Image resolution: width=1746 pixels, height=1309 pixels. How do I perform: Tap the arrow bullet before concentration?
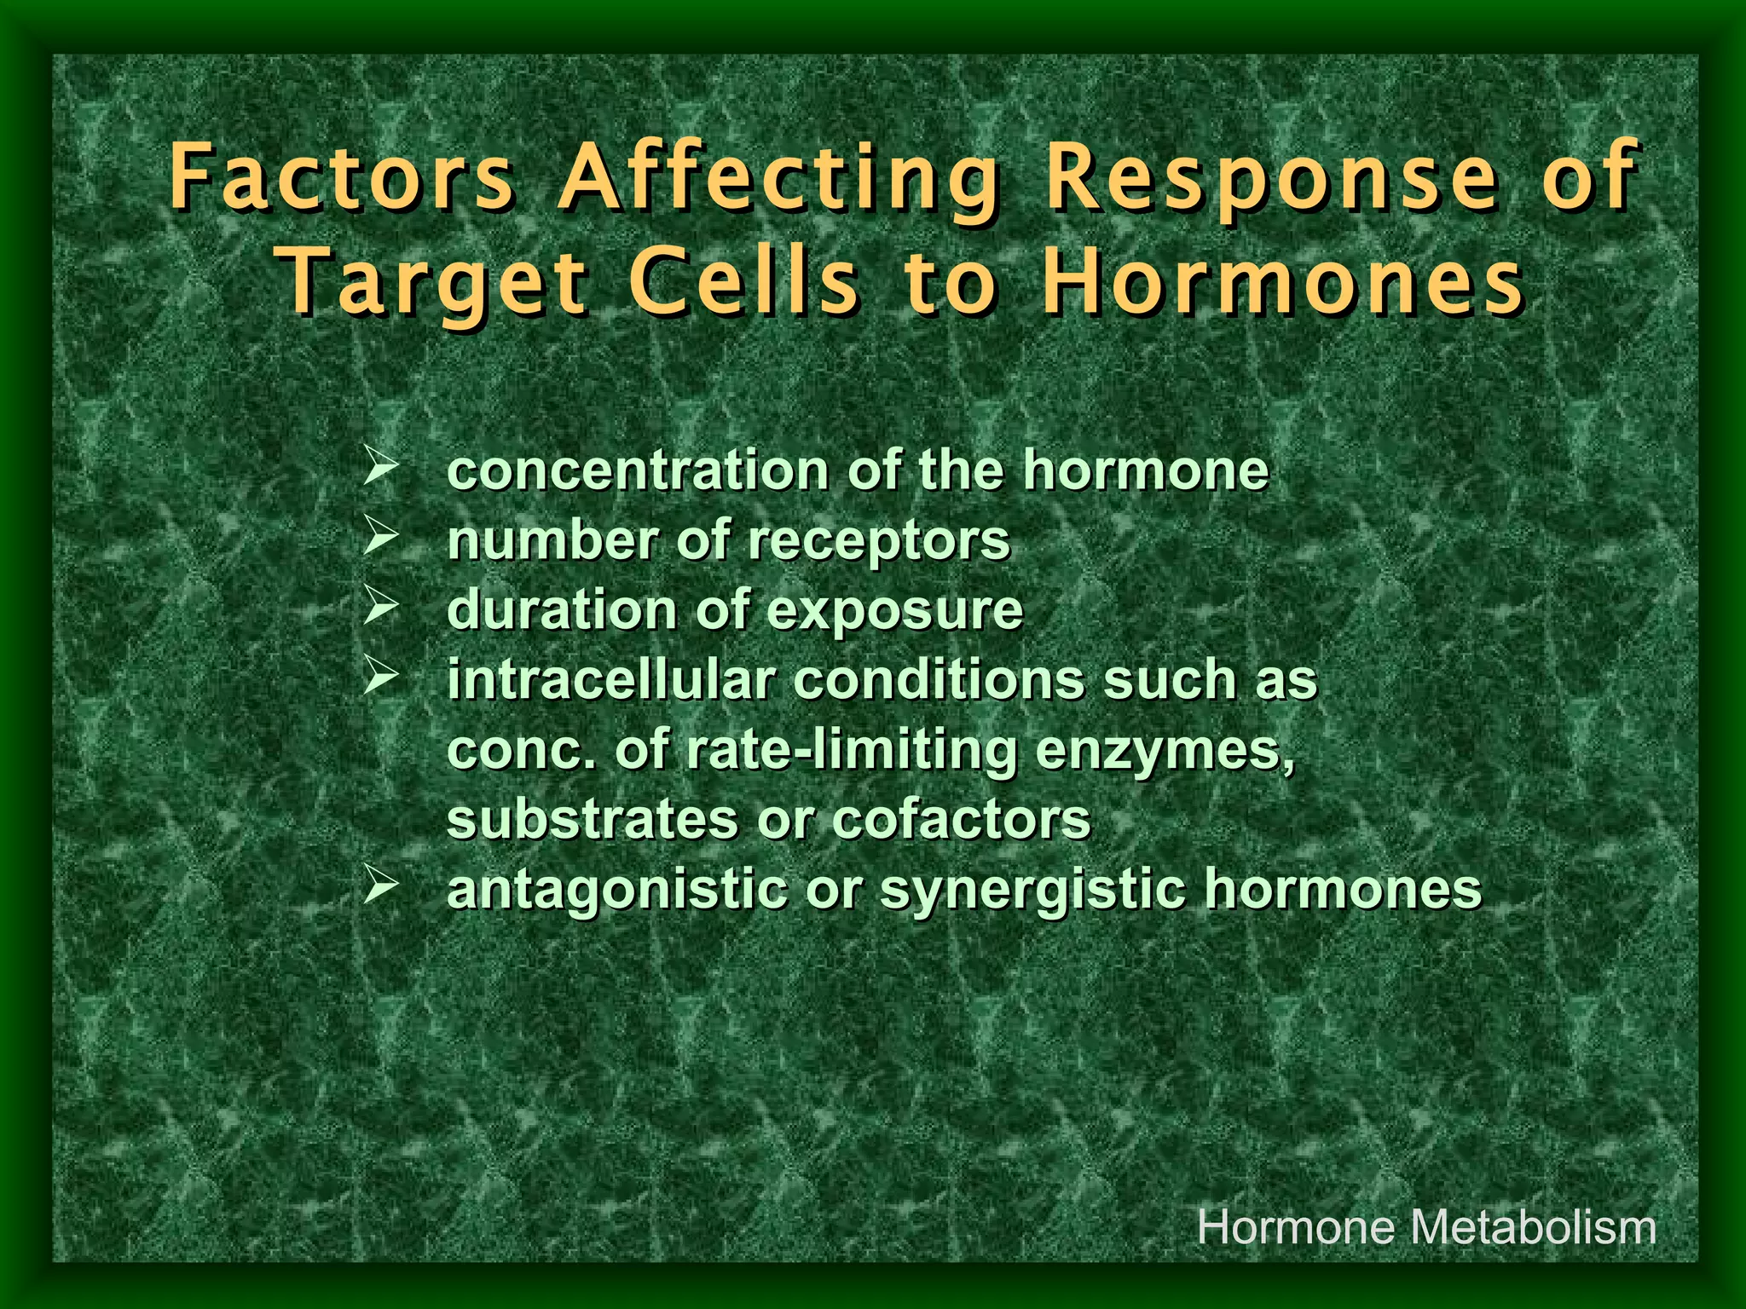(379, 467)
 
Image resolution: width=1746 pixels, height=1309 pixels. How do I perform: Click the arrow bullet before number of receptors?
(379, 537)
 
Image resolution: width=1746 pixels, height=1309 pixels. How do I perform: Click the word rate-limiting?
(852, 752)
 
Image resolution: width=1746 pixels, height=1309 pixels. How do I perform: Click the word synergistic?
(1032, 891)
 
